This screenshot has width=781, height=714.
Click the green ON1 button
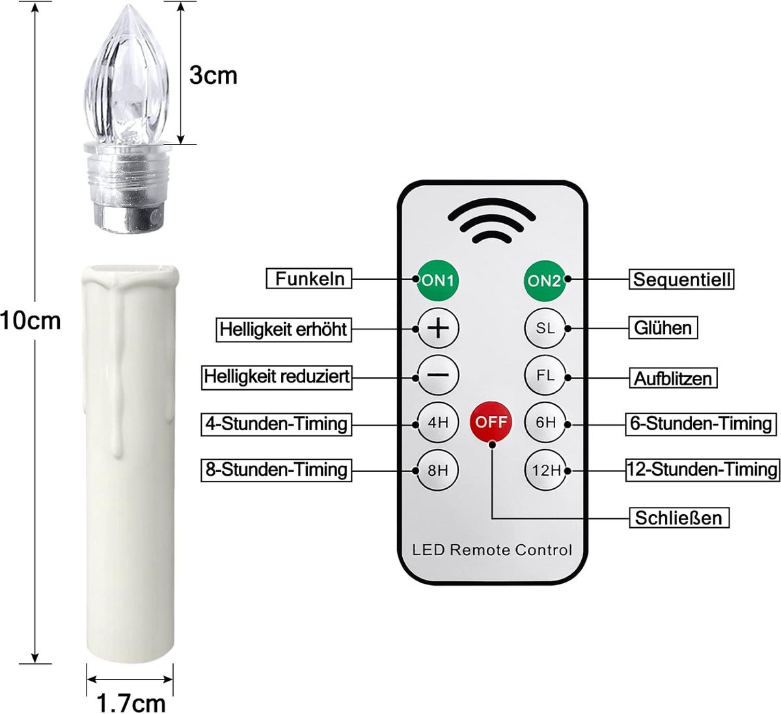pos(437,281)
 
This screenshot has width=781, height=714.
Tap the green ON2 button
pos(545,281)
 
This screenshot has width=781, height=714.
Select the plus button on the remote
pos(438,328)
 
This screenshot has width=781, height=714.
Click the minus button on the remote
pos(438,375)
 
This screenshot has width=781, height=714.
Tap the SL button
pos(545,328)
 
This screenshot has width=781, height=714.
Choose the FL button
pos(545,375)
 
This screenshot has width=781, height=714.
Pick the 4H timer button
pos(438,422)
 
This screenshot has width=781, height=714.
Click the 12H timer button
pos(545,470)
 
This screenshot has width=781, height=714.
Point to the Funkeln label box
pos(308,279)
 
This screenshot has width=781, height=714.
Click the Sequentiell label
pos(681,279)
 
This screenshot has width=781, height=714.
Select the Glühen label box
pos(663,328)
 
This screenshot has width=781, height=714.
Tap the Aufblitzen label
pos(673,378)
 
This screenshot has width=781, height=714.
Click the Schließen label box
pos(679,517)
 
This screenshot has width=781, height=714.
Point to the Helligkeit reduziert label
pos(277,377)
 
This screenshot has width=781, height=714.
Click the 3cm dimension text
pos(213,76)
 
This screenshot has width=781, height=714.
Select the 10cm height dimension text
pos(31,321)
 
